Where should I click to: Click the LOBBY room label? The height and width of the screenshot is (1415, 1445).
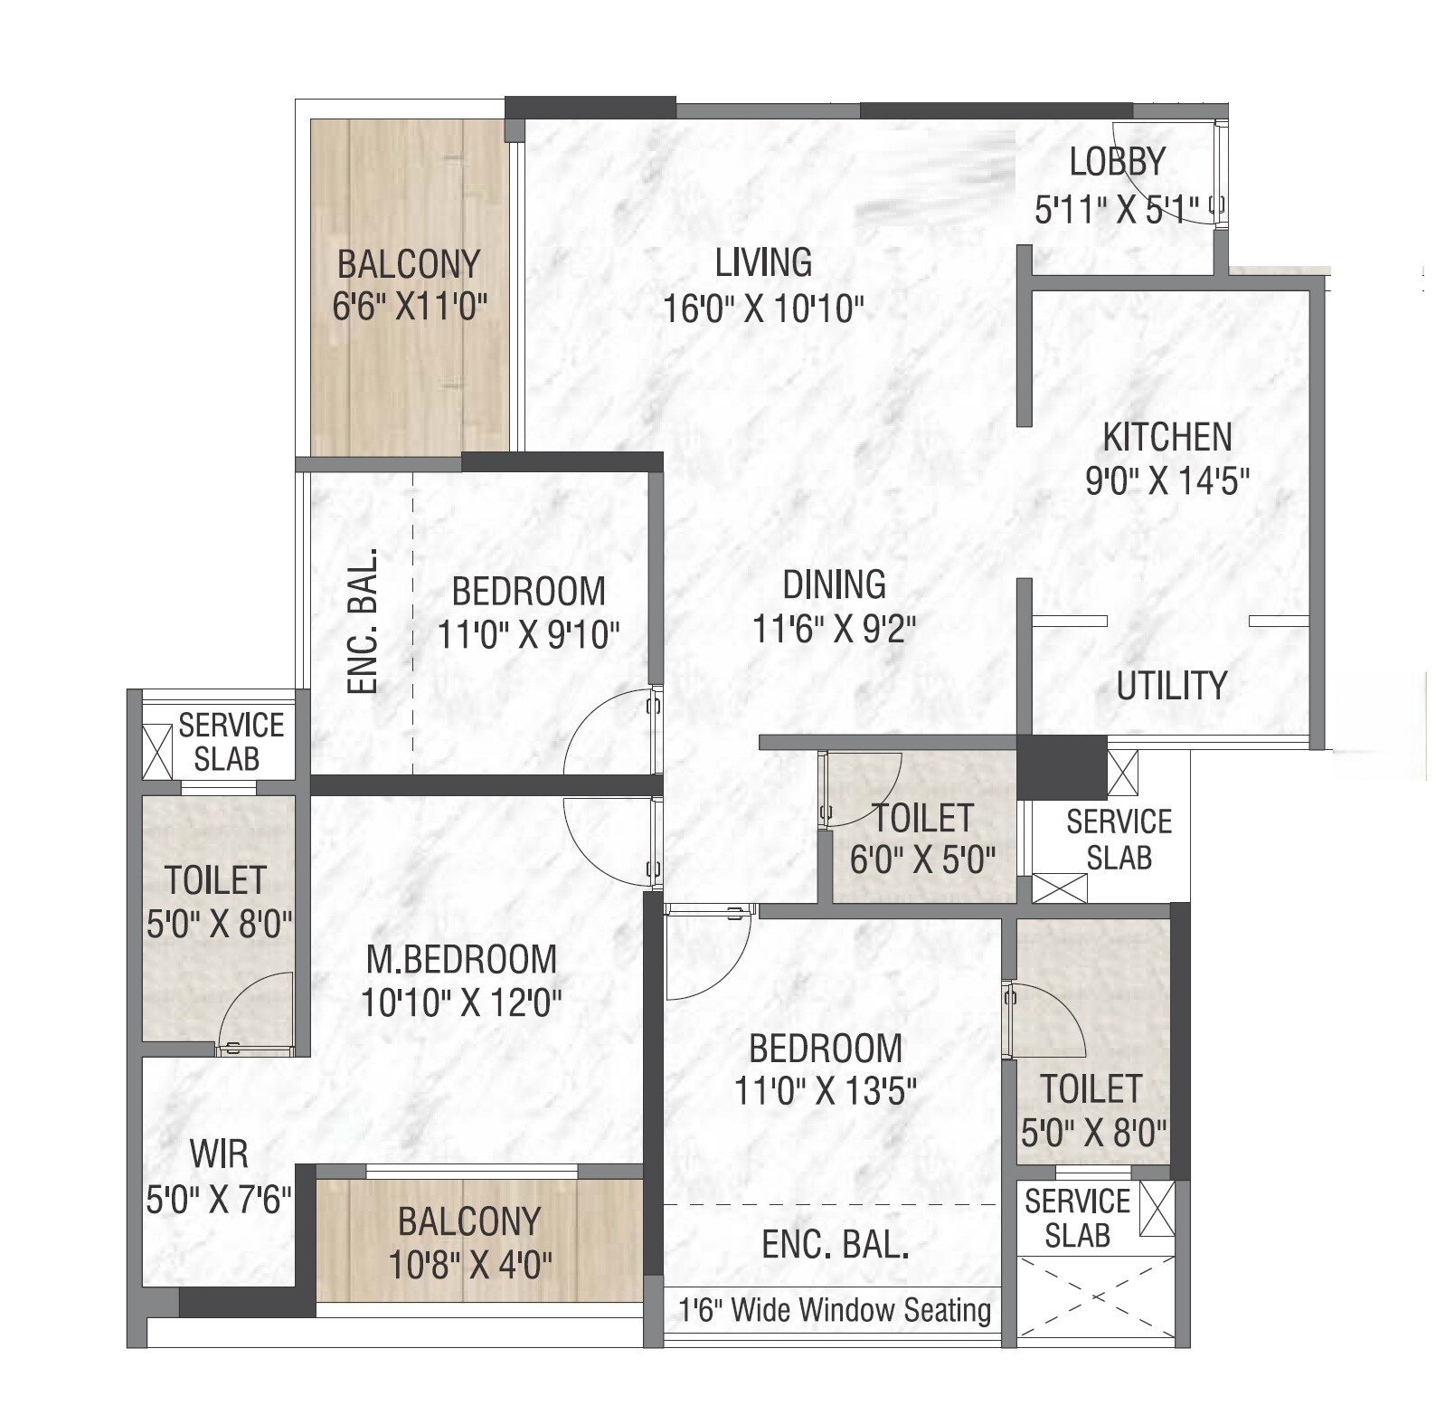[1117, 163]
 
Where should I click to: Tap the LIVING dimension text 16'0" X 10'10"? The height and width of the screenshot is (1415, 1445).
[763, 309]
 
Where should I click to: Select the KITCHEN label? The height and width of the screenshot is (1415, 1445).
[1166, 438]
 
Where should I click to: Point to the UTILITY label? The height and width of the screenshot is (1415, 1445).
[1171, 686]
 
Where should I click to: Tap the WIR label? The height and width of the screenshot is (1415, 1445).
[219, 1155]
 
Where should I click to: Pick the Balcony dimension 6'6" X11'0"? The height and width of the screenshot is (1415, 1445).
[409, 309]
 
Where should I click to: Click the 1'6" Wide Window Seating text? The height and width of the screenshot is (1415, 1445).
[834, 1309]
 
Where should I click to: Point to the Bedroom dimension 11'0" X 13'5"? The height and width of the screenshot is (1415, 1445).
[825, 1092]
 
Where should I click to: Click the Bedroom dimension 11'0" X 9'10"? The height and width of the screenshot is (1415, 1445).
[528, 635]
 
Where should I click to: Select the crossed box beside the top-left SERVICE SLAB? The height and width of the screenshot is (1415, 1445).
[157, 751]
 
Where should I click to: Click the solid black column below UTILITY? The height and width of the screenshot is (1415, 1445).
[1062, 767]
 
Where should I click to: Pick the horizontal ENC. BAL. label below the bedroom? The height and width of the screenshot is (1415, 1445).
[835, 1246]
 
